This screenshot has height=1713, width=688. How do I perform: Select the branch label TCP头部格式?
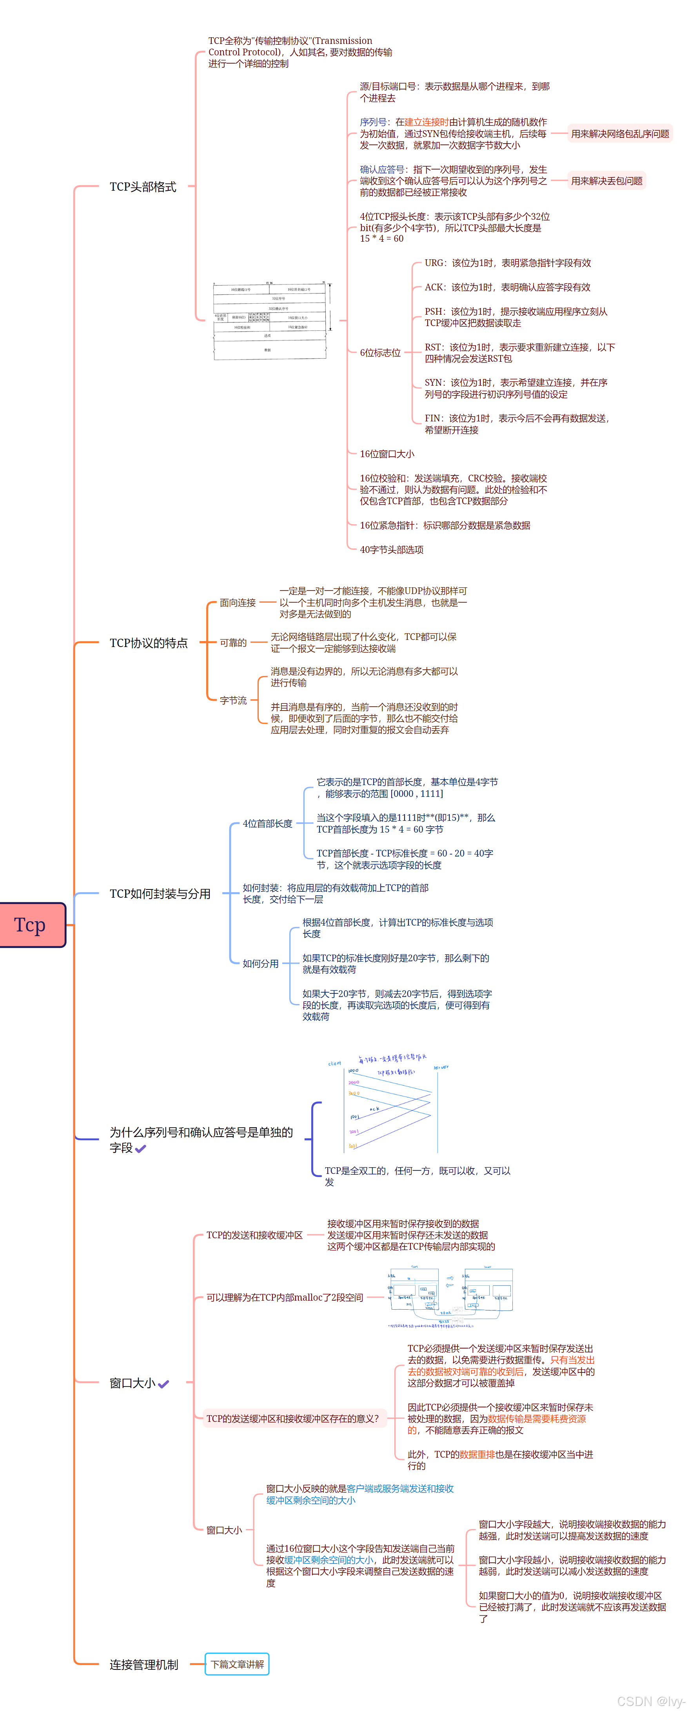tap(143, 187)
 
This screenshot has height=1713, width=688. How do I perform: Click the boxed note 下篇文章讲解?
tap(237, 1664)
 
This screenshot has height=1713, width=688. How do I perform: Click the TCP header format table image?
tap(271, 321)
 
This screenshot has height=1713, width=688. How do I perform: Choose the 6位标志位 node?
tap(380, 353)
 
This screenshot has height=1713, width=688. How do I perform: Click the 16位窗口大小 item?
tap(387, 454)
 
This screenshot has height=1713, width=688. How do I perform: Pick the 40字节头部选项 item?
tap(392, 550)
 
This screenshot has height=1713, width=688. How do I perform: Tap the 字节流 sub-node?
tap(233, 700)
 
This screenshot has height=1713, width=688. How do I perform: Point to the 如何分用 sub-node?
tap(261, 964)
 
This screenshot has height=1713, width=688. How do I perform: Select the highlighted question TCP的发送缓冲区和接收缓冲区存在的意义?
tap(292, 1418)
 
